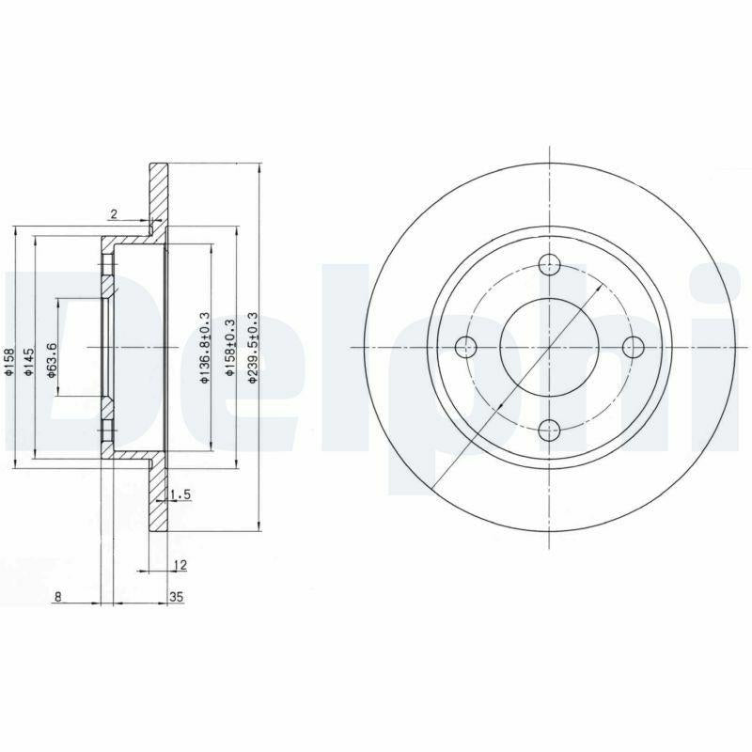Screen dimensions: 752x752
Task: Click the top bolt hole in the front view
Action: tap(549, 264)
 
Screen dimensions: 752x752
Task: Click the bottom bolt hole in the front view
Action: tap(549, 431)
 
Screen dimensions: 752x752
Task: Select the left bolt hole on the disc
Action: tap(465, 347)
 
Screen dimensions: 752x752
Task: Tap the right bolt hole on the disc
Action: tap(633, 347)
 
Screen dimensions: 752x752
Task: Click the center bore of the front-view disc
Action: tap(549, 347)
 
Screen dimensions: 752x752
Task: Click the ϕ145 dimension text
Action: tap(30, 362)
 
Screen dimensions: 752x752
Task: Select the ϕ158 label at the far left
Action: tap(10, 361)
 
